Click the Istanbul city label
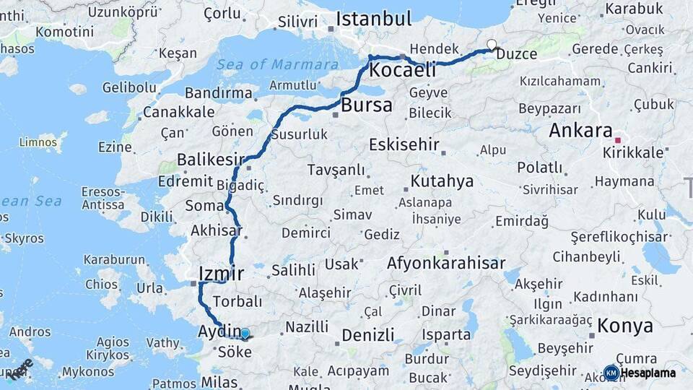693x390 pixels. click(374, 19)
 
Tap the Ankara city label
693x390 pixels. click(580, 131)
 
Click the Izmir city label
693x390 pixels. click(221, 274)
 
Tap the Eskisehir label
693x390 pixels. click(404, 144)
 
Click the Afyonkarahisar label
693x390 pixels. click(446, 264)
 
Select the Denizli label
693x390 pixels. click(368, 335)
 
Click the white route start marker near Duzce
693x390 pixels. click(492, 45)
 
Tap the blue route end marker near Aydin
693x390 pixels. click(245, 334)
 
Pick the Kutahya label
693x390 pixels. click(442, 181)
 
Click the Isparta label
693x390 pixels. click(446, 334)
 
